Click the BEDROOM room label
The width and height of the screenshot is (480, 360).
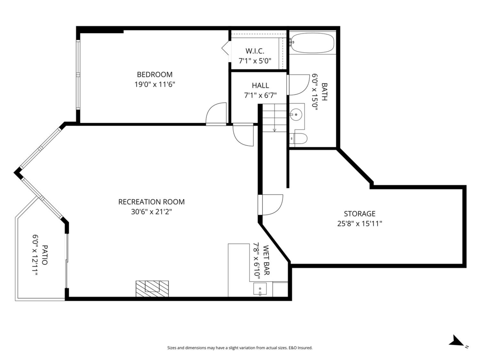[x=155, y=74]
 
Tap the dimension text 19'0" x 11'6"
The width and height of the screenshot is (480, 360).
[x=155, y=84]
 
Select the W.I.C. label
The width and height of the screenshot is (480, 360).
[x=255, y=51]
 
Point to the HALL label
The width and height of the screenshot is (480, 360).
[x=260, y=86]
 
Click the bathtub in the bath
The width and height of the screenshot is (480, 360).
[x=312, y=43]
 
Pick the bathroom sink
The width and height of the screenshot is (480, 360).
[x=296, y=114]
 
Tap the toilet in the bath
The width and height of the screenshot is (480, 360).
[x=299, y=139]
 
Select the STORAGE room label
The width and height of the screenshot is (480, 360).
[x=360, y=214]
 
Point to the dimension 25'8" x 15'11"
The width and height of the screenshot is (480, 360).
[x=360, y=224]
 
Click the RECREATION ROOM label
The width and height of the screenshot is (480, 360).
[x=152, y=202]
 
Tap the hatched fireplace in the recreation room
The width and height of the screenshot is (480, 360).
[x=152, y=288]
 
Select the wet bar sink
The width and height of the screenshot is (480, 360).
[x=260, y=289]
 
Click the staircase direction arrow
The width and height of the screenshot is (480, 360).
[x=274, y=129]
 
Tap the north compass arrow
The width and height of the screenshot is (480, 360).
[x=456, y=341]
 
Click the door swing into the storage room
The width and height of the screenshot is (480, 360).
[x=272, y=204]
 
